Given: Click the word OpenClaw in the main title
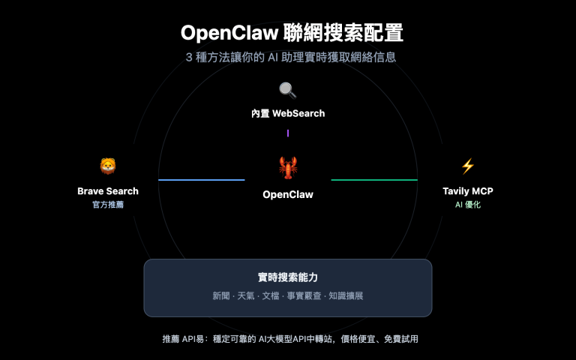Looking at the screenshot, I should click(x=229, y=34).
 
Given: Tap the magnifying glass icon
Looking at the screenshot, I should click(x=288, y=91).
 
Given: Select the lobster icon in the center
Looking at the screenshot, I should click(x=288, y=168).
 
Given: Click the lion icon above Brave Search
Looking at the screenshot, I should click(x=108, y=166).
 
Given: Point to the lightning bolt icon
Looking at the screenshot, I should click(x=468, y=166).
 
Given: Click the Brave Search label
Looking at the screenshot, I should click(x=108, y=191).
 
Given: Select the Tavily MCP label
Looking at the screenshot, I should click(x=468, y=191).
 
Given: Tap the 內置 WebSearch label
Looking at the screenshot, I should click(x=288, y=113).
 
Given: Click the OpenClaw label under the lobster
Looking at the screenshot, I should click(x=288, y=194).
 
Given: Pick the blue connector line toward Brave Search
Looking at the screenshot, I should click(x=201, y=180).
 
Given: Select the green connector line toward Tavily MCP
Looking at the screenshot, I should click(x=374, y=180).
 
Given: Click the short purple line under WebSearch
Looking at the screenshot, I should click(x=288, y=133).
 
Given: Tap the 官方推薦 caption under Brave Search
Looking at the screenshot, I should click(x=108, y=204).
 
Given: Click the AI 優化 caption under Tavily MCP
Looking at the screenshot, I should click(x=468, y=204).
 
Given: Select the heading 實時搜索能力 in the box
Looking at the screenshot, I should click(x=288, y=277).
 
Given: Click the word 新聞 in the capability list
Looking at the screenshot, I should click(x=222, y=296).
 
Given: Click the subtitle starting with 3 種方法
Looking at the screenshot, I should click(x=288, y=57).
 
